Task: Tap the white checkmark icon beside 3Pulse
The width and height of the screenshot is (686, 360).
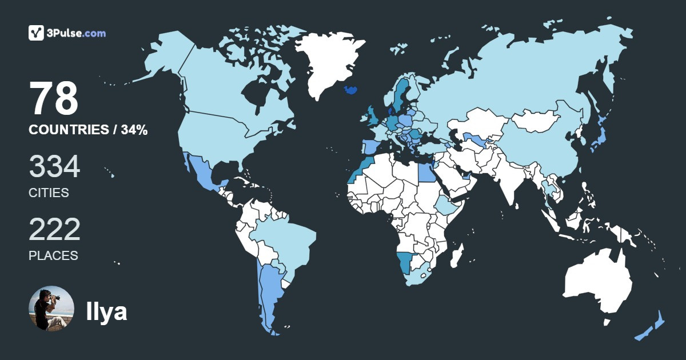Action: [37, 33]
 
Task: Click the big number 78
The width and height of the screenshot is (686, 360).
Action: [54, 99]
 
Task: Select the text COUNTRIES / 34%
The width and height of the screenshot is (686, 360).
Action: [88, 130]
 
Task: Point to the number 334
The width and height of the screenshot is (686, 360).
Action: [54, 167]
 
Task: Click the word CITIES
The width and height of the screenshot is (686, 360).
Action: [49, 193]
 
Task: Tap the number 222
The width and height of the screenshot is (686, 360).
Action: [54, 230]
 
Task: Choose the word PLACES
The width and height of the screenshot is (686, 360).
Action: [53, 256]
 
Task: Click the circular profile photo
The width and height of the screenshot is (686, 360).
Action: [51, 309]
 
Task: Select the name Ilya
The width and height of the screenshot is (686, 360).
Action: [106, 311]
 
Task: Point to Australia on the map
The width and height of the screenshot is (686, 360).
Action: [597, 280]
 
